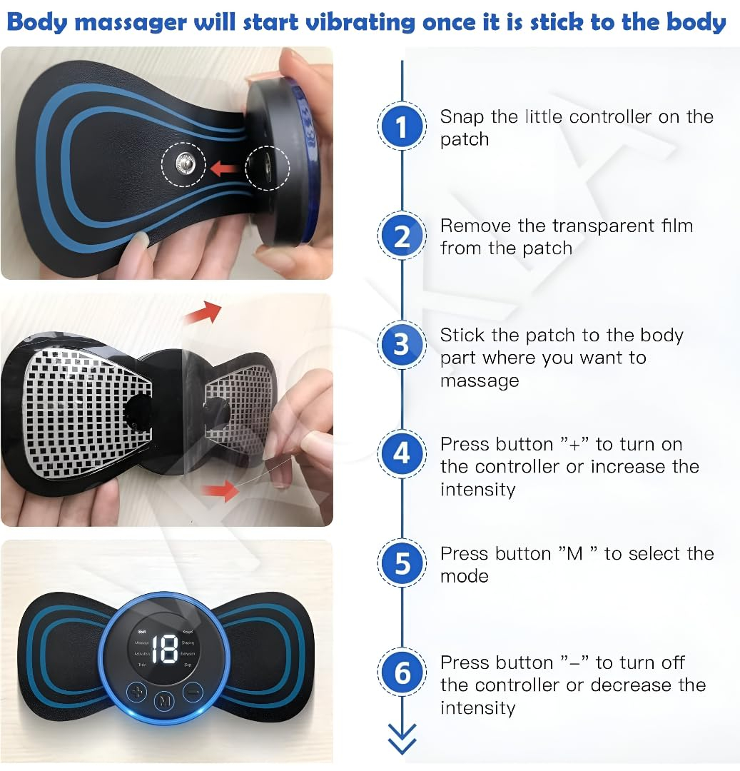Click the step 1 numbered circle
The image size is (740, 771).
pos(402,127)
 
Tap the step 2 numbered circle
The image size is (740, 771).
pos(402,236)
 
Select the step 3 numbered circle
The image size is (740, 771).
pos(402,345)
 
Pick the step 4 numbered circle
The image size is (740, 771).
pos(402,454)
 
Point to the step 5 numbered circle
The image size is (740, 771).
pos(402,563)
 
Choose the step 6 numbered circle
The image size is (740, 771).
pos(402,672)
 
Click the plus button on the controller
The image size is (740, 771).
pos(136,692)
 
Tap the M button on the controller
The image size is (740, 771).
pos(165,701)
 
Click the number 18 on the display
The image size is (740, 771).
pos(165,648)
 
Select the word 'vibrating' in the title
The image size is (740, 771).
pos(361,23)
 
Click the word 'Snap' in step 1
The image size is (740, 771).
pos(461,116)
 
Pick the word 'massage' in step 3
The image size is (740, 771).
pos(479,381)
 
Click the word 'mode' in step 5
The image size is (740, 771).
pos(464,576)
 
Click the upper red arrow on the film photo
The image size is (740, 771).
pos(207,311)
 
